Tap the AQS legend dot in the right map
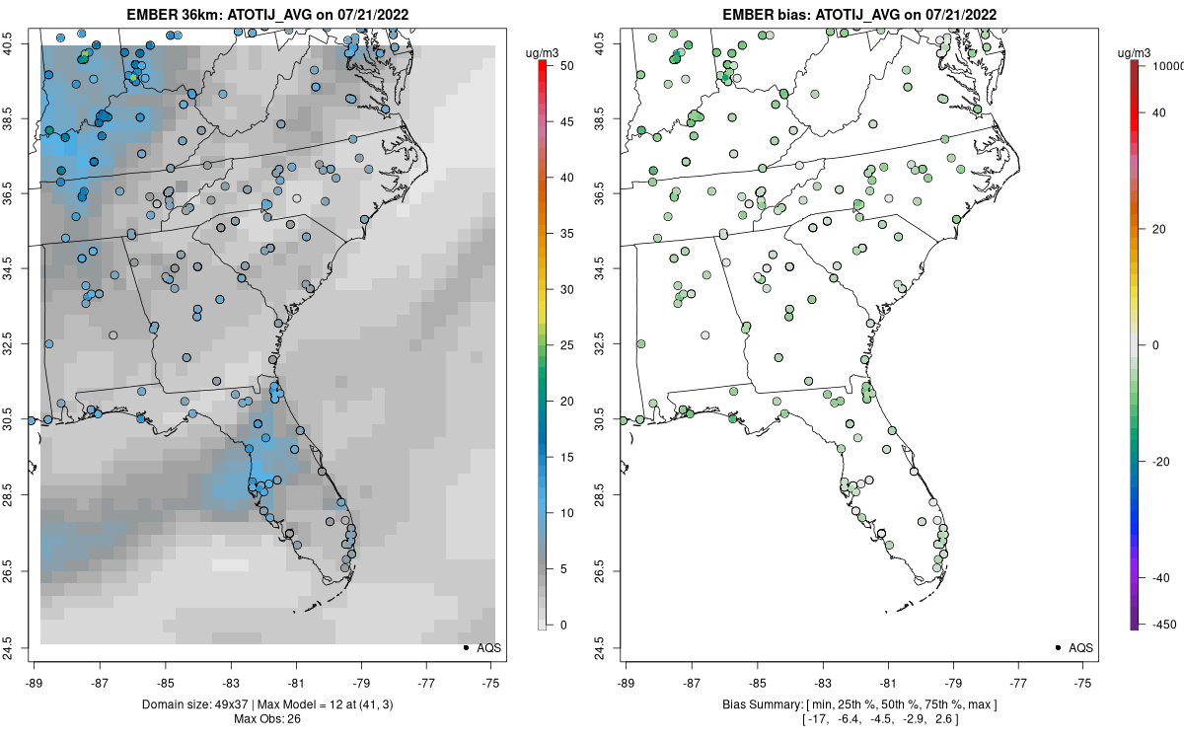[1058, 648]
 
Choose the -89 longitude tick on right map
[627, 682]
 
